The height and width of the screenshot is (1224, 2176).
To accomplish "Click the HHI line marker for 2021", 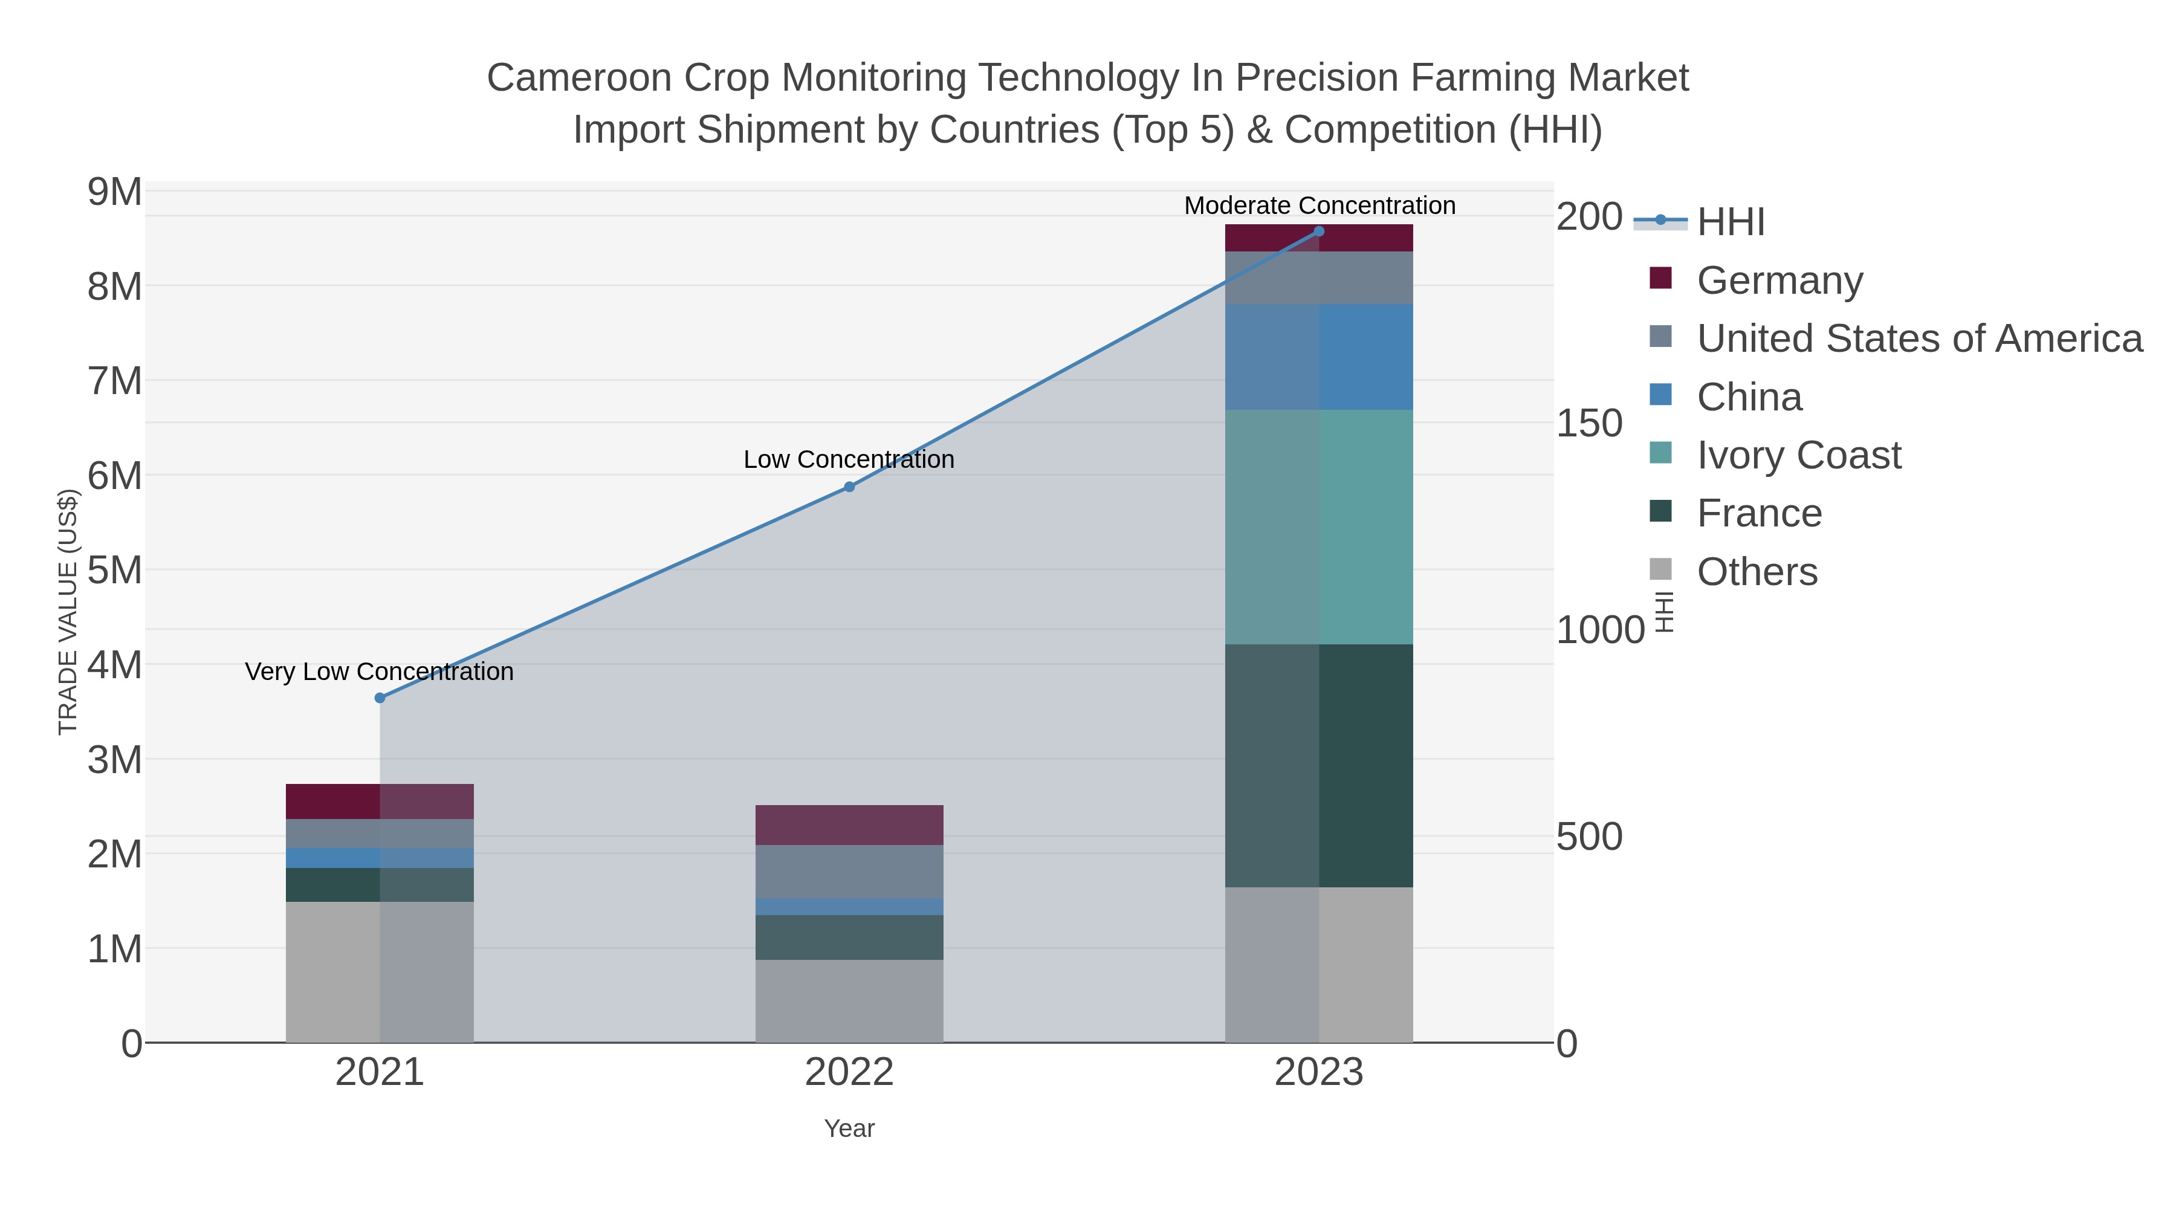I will click(x=379, y=698).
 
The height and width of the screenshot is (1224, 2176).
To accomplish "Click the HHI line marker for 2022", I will click(x=849, y=487).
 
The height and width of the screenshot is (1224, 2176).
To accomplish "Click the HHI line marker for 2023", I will click(x=1319, y=232).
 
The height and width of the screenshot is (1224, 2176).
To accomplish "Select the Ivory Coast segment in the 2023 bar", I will click(x=1319, y=526).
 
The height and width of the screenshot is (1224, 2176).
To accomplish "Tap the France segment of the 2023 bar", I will click(x=1319, y=765).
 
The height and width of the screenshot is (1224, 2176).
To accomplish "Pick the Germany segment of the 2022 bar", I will click(x=849, y=824).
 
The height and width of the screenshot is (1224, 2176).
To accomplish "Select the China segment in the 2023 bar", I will click(x=1319, y=357).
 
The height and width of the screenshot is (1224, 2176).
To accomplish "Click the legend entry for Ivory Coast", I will click(x=1798, y=455).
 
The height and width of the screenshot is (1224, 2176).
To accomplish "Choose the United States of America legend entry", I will click(x=1919, y=338).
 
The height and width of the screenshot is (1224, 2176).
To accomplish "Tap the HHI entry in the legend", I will click(x=1730, y=222).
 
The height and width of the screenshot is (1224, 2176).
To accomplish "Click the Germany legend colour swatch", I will click(x=1660, y=279).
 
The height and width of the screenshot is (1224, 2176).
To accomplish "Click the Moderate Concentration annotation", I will click(x=1319, y=206).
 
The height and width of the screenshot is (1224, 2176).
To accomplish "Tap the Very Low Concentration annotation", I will click(x=379, y=672).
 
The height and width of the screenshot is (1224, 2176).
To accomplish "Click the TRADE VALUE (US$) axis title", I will click(x=68, y=612).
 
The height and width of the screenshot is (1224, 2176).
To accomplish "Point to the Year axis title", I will click(x=849, y=1128).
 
